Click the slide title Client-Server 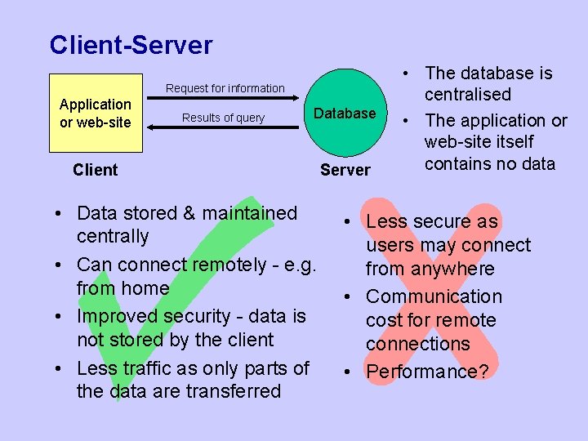[131, 45]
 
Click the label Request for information [225, 88]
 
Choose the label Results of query [223, 118]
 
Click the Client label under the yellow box [95, 170]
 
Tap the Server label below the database [345, 170]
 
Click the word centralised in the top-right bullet [467, 95]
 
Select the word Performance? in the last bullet [427, 372]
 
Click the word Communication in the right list [434, 296]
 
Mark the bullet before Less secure [347, 222]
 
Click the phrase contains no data [489, 163]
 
